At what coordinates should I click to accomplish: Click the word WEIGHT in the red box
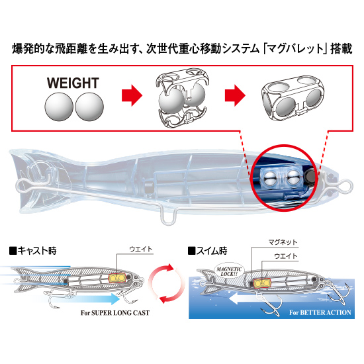[73, 83]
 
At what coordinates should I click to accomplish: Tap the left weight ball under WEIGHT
[59, 107]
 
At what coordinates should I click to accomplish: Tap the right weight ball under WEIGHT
[89, 107]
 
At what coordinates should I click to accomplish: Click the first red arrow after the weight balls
[132, 95]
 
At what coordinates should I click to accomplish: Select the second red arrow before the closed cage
[235, 95]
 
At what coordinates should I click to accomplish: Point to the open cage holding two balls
[183, 98]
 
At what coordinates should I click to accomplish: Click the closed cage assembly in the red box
[293, 98]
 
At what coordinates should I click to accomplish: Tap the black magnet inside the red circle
[310, 176]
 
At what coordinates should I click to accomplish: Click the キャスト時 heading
[32, 251]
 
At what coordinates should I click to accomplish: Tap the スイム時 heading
[208, 251]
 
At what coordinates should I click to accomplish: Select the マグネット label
[283, 242]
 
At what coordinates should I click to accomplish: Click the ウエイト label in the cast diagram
[141, 249]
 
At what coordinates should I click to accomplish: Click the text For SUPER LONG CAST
[115, 313]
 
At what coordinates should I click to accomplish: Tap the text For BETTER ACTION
[320, 312]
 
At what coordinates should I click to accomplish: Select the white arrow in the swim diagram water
[243, 298]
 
